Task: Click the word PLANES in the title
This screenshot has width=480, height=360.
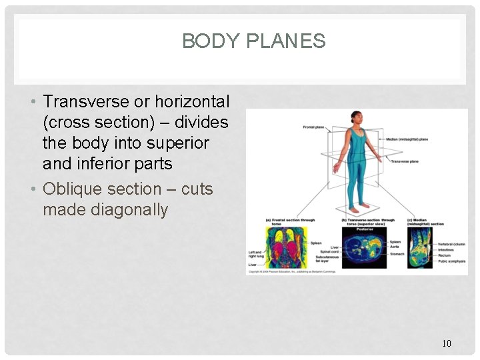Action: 285,41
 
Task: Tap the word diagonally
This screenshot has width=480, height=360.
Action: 105,210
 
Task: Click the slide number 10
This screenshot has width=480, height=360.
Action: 446,343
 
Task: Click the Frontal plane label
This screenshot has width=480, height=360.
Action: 313,127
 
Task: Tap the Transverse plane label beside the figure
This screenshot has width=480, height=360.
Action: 405,161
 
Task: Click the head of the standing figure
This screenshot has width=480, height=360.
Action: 356,117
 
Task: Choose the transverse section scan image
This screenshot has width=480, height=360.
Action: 363,249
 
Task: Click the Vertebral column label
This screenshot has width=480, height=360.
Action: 451,244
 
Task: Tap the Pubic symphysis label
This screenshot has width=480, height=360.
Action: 452,261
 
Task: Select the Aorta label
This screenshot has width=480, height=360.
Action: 394,247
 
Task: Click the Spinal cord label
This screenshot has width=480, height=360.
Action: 329,251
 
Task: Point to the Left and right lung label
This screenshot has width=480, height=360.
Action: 255,254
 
